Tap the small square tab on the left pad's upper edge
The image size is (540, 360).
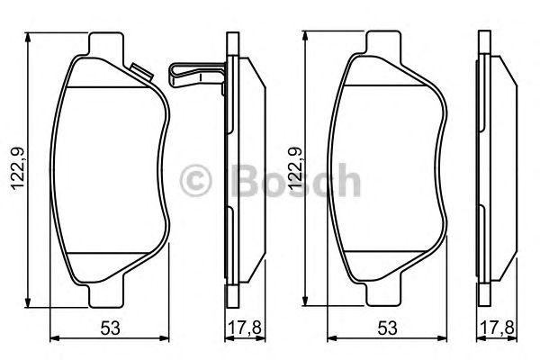(140, 69)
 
